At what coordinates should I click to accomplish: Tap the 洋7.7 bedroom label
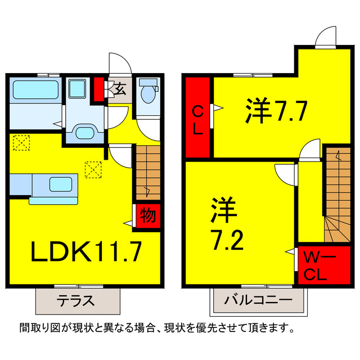point(276,111)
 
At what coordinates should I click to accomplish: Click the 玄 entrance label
point(120,88)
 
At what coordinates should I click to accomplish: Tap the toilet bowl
point(149,93)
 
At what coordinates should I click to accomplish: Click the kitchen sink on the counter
point(58,184)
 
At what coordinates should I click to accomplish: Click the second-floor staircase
point(336,197)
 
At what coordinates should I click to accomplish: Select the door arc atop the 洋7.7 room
point(326,38)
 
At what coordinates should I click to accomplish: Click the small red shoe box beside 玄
point(100,88)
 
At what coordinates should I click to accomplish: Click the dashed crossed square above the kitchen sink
point(92,169)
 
